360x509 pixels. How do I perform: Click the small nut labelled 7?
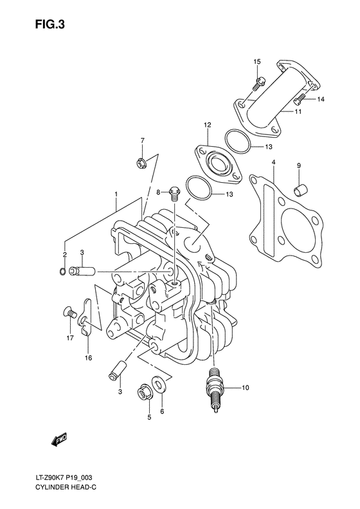coord(141,165)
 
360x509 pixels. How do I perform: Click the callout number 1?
coord(116,194)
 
